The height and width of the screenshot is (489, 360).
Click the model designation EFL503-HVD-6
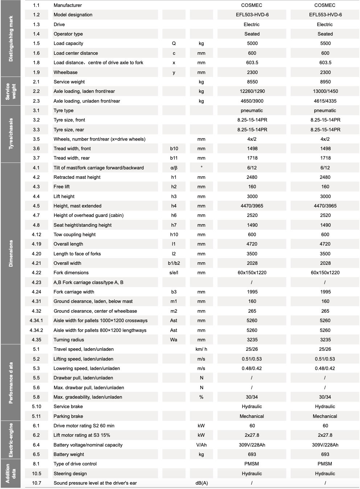(x=252, y=15)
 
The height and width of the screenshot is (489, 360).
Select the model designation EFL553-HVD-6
(x=325, y=15)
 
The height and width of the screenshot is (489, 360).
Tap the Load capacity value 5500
(x=325, y=44)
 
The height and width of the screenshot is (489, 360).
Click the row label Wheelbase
(x=65, y=72)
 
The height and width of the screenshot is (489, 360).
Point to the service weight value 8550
(x=252, y=82)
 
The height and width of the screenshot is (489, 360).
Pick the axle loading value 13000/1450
(x=325, y=91)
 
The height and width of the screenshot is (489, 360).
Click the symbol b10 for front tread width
(x=174, y=149)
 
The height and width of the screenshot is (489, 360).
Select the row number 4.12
(x=36, y=235)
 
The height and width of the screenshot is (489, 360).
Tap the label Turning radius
(x=69, y=340)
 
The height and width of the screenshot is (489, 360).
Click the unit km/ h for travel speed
(x=201, y=349)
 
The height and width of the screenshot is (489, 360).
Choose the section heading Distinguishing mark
(x=11, y=38)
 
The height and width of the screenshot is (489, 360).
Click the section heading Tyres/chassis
(x=11, y=133)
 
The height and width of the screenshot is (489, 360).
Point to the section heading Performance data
(x=11, y=382)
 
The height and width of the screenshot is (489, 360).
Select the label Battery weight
(x=69, y=455)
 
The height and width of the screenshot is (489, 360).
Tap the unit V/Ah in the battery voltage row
(x=201, y=445)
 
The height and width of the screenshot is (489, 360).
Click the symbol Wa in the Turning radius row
(x=174, y=340)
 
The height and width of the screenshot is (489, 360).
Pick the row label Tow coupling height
(x=74, y=235)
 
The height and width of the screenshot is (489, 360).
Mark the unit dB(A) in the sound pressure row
(x=201, y=483)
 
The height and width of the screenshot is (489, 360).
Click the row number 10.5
(x=36, y=474)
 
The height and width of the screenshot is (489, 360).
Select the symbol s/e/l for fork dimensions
(x=174, y=273)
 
